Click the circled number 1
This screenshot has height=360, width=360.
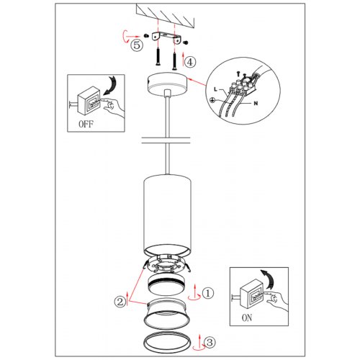pyautogui.click(x=208, y=293)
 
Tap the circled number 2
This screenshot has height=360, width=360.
pyautogui.click(x=120, y=302)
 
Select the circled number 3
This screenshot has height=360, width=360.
pyautogui.click(x=210, y=343)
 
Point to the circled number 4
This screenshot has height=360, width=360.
pyautogui.click(x=190, y=62)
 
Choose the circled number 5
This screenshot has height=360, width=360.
pyautogui.click(x=137, y=45)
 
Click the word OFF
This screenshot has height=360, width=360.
pyautogui.click(x=86, y=124)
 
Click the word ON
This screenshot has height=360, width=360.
pyautogui.click(x=247, y=318)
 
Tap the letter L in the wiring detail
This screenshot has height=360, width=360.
pyautogui.click(x=215, y=89)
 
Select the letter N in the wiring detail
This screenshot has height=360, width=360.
pyautogui.click(x=256, y=103)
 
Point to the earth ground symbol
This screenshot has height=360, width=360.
pyautogui.click(x=212, y=100)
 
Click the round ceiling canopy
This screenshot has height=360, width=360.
pyautogui.click(x=167, y=84)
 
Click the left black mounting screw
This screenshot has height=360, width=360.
pyautogui.click(x=158, y=56)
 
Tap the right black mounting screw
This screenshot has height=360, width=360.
pyautogui.click(x=175, y=61)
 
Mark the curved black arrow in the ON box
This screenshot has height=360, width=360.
pyautogui.click(x=269, y=279)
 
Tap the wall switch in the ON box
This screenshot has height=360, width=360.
pyautogui.click(x=252, y=294)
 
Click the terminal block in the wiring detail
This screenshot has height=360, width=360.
pyautogui.click(x=243, y=85)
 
